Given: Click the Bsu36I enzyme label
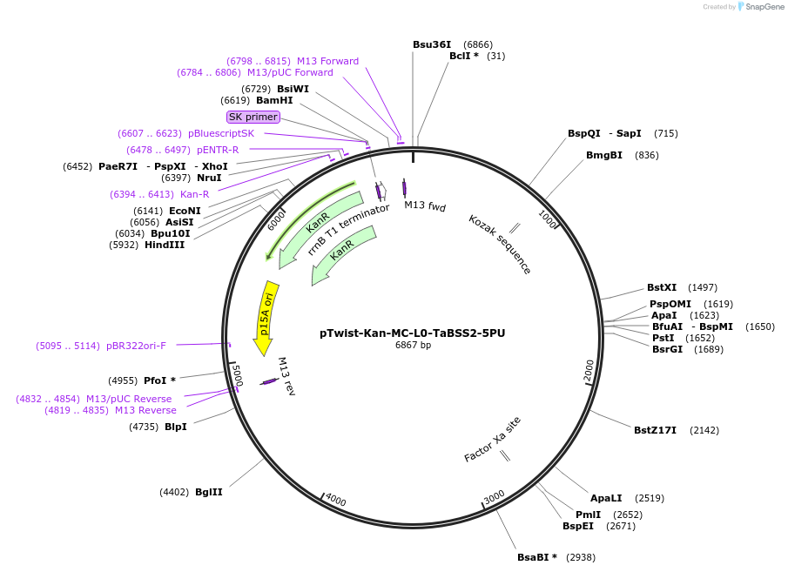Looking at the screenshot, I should [432, 44].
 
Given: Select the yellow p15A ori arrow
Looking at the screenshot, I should [266, 316].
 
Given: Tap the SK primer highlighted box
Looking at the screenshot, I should [253, 117].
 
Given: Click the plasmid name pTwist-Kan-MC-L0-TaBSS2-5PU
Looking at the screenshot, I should [412, 333].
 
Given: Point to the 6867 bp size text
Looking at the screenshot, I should [413, 346].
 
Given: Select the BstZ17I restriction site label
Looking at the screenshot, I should [655, 430].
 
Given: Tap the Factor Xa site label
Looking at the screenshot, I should [492, 440].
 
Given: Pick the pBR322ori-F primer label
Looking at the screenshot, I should [136, 346].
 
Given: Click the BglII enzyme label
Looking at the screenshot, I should [209, 492].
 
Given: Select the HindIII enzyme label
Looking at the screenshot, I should [165, 245].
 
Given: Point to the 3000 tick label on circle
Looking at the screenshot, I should [495, 496].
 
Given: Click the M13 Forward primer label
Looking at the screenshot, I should [327, 61].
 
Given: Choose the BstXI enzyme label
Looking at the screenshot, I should [662, 287].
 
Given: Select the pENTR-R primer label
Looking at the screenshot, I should [218, 150].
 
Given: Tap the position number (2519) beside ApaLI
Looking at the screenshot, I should [650, 498].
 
